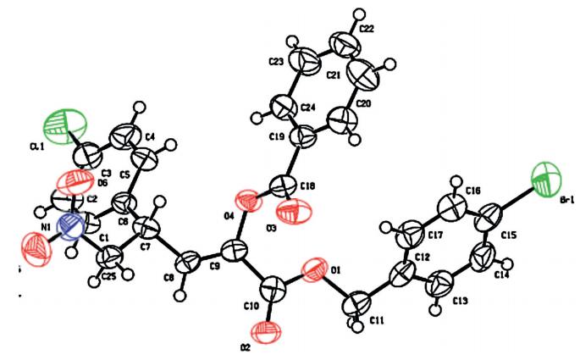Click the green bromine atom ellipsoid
pyautogui.click(x=545, y=180)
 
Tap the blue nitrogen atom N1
pyautogui.click(x=72, y=228)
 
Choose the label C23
pyautogui.click(x=274, y=63)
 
